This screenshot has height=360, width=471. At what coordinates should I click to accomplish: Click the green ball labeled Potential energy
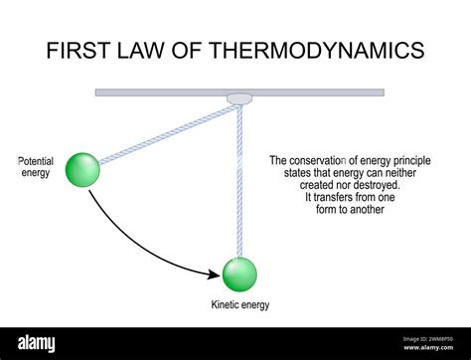pos(82,169)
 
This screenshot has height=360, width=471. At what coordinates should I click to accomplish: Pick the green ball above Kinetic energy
pos(238,273)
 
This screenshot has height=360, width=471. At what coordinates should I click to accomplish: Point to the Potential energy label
pos(35,167)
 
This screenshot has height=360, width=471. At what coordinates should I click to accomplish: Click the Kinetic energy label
pos(239,305)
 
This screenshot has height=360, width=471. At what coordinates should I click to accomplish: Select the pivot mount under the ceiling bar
pos(239,98)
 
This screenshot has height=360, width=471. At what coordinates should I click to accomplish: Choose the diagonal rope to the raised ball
pos(164,135)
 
